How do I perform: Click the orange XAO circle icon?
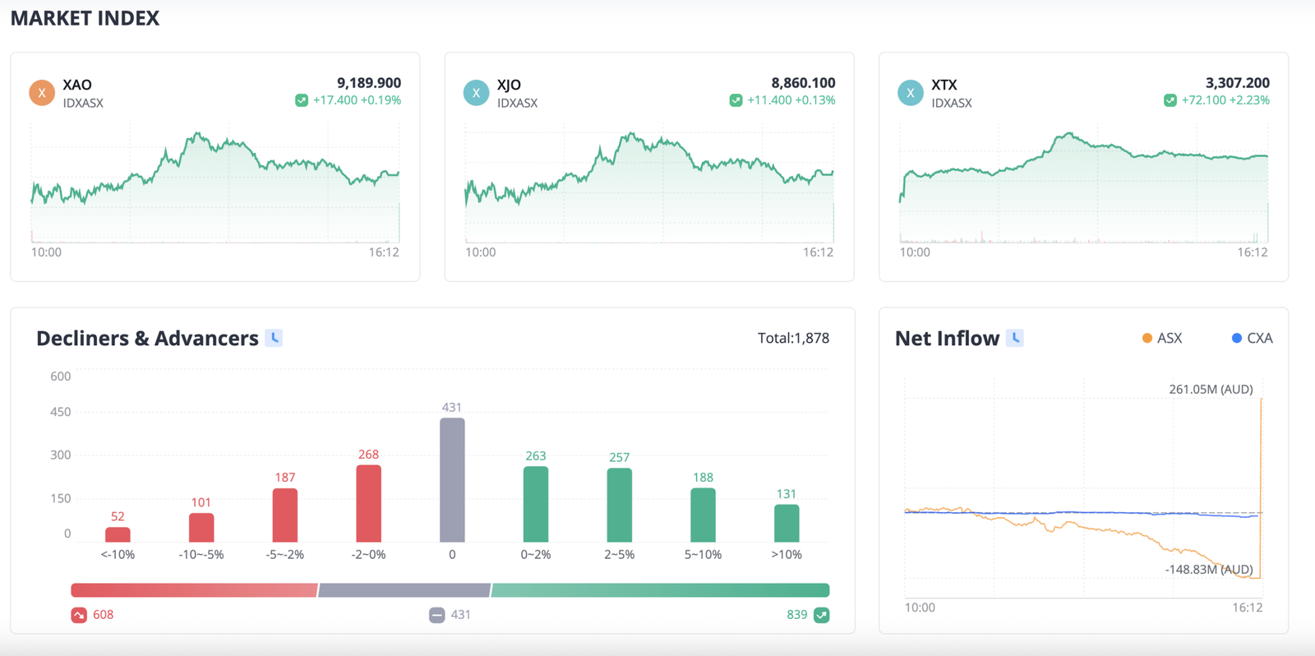[42, 93]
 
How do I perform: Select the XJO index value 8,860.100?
[803, 83]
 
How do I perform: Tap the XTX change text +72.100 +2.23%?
[1225, 100]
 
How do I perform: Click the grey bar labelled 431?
[452, 480]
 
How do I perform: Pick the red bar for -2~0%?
[368, 503]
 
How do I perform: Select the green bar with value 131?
[787, 523]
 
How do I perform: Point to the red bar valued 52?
[118, 534]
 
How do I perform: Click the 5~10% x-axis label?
[703, 555]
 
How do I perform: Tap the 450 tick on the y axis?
[61, 412]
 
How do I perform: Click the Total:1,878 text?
[793, 338]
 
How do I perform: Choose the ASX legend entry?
[1162, 338]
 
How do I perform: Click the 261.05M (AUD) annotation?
[1211, 389]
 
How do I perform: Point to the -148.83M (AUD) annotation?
[1208, 569]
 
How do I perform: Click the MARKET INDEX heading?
[85, 18]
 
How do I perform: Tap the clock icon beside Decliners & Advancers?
[275, 338]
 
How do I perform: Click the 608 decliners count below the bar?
[104, 615]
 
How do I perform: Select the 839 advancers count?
[796, 615]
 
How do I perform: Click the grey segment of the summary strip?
[404, 590]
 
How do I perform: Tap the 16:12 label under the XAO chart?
[384, 252]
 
